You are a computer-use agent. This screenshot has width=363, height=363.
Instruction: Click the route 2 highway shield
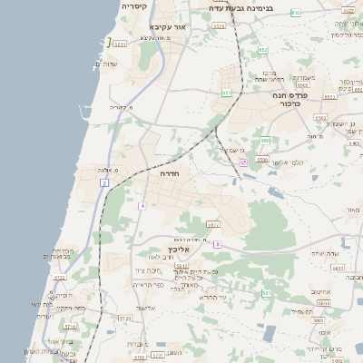104,183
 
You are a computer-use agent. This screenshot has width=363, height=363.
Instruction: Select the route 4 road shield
142,206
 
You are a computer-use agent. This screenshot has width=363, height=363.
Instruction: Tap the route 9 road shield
217,244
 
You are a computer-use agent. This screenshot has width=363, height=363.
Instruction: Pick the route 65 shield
243,162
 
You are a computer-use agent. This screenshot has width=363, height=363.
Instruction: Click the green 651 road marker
226,93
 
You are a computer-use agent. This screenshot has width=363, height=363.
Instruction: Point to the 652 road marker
262,49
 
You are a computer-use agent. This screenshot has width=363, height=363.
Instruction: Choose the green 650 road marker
265,141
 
